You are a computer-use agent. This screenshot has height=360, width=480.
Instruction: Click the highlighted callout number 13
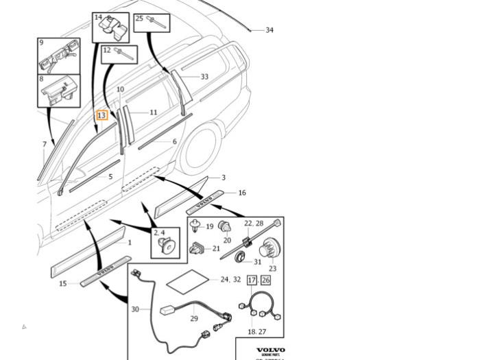101,115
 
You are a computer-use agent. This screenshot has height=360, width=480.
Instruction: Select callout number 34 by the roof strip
269,30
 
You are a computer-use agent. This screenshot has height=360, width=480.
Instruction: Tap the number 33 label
204,77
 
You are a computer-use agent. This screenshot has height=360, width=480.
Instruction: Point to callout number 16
241,193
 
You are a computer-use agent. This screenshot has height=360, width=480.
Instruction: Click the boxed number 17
252,280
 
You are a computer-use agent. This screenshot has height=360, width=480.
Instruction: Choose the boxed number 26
265,280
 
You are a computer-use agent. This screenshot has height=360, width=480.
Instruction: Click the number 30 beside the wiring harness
135,309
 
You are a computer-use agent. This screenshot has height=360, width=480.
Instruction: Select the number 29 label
194,319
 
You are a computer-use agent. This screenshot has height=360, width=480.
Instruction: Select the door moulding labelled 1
89,251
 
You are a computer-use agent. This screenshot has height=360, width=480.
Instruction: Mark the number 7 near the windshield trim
45,145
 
